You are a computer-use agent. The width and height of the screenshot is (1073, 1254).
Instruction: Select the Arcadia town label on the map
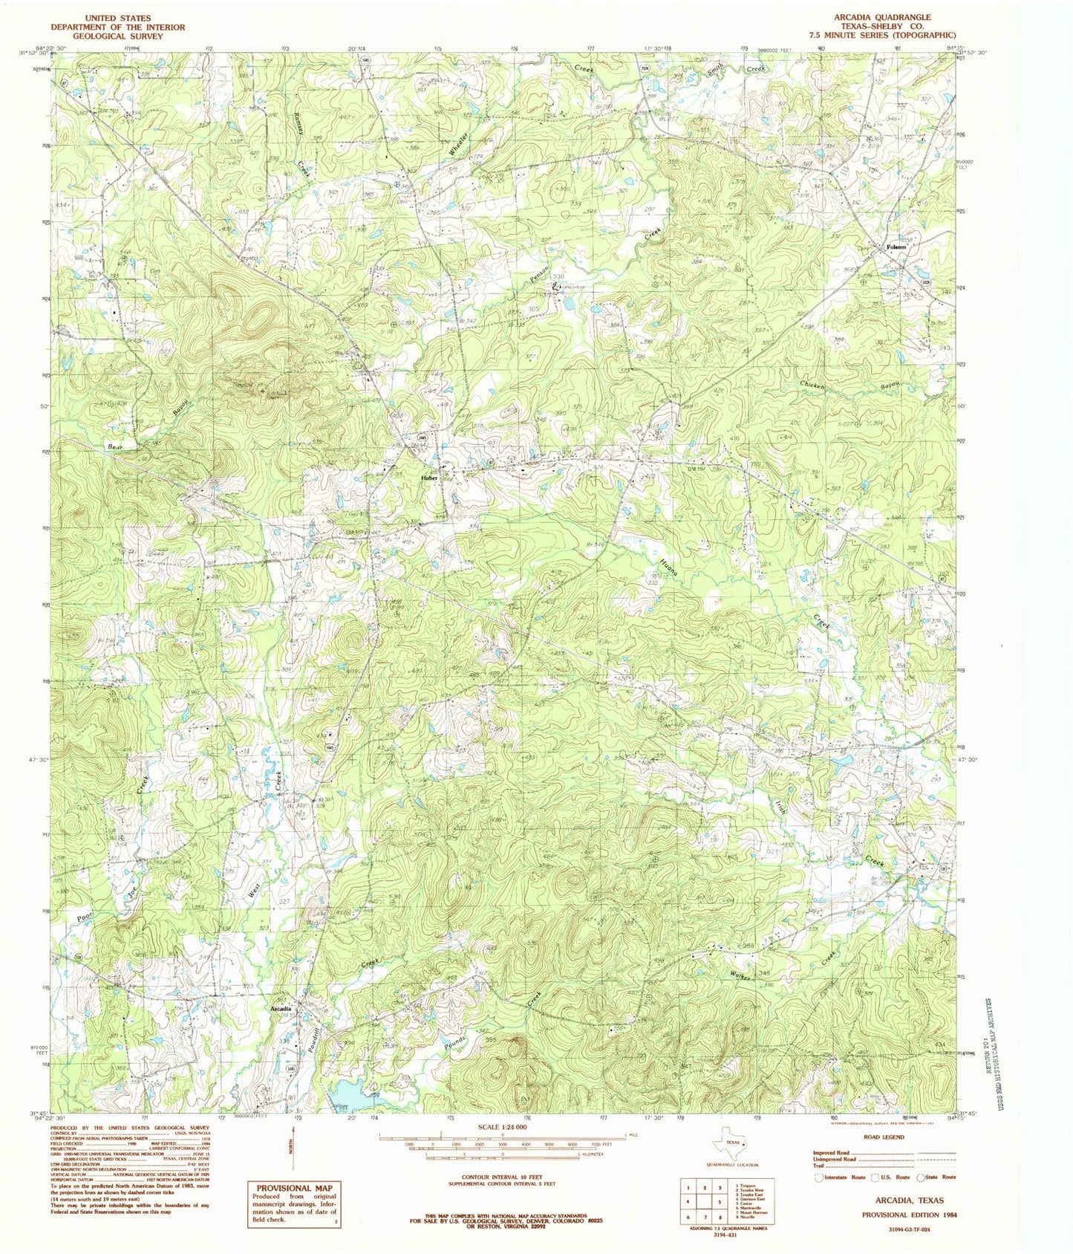click(281, 1009)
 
